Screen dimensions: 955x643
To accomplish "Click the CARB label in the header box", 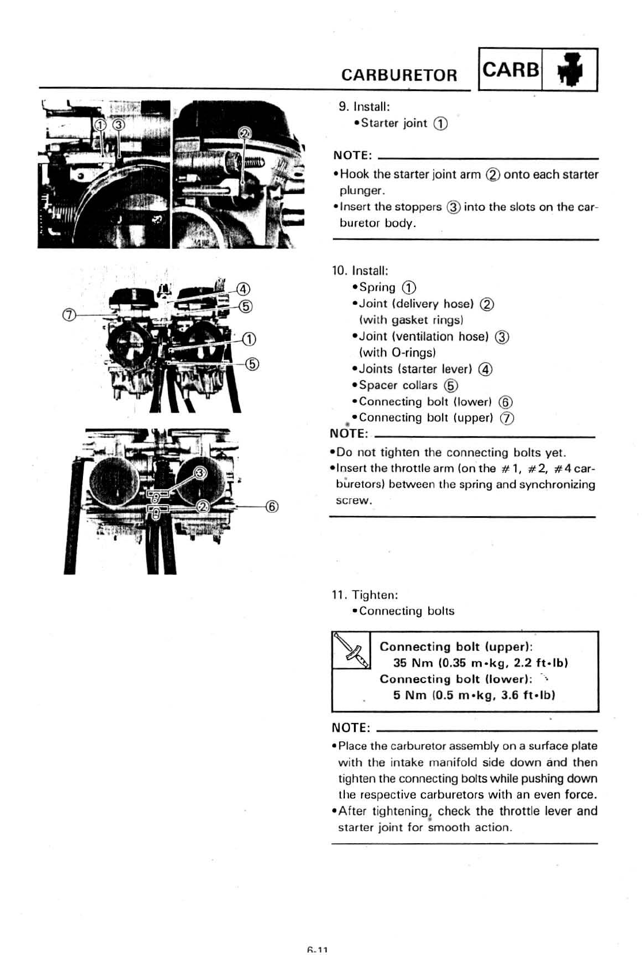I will tap(511, 70).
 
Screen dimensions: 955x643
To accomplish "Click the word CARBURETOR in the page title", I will tap(399, 75).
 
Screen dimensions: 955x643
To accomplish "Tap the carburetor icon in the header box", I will tap(570, 70).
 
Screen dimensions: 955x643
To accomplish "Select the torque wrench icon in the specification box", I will tap(351, 650).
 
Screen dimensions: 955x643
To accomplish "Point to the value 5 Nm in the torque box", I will tap(410, 695).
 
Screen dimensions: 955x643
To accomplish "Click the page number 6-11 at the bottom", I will tap(317, 950).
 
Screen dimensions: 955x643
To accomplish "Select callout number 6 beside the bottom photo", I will tap(272, 507).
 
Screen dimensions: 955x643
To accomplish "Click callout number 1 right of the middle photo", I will tap(249, 339).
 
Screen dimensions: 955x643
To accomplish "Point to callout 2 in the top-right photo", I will tap(245, 134).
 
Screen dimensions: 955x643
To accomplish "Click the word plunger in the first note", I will tap(361, 191).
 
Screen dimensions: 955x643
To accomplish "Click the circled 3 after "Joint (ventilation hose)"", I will tap(502, 337).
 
